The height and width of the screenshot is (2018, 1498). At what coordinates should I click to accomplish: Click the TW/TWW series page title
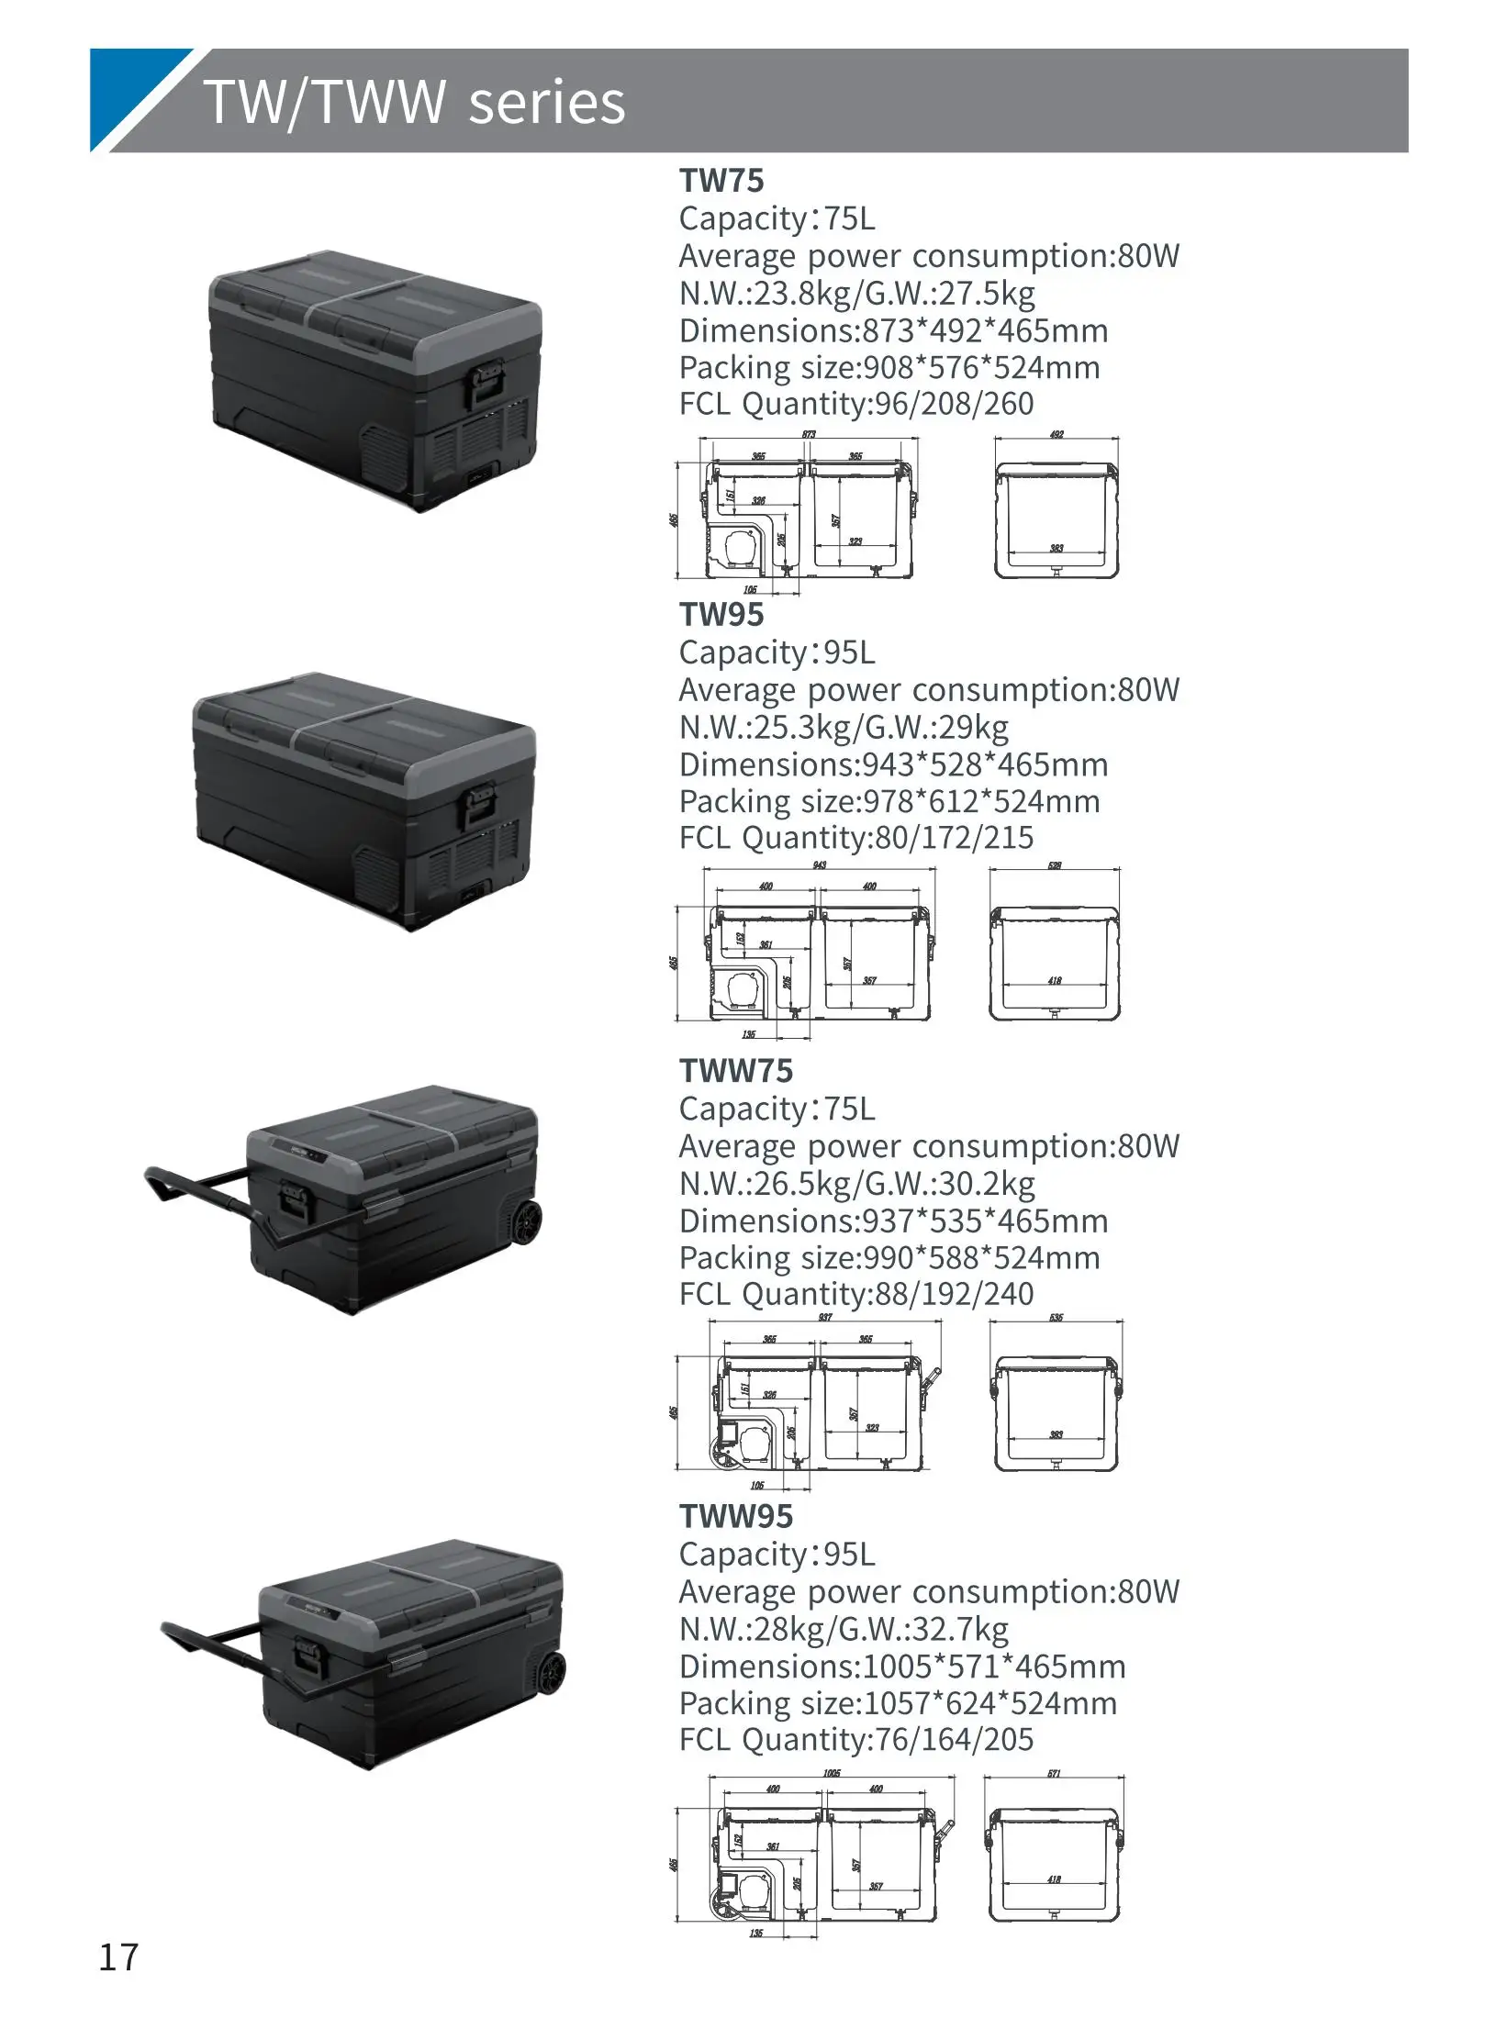click(x=414, y=101)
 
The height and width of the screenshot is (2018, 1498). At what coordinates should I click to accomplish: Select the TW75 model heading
click(x=721, y=180)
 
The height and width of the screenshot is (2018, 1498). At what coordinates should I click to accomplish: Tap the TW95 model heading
click(x=721, y=614)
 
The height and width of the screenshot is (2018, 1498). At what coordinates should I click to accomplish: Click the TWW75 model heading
click(x=735, y=1070)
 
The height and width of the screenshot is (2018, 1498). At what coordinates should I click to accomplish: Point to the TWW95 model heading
click(x=735, y=1516)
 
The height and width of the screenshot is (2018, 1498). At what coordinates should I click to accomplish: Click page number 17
click(x=118, y=1957)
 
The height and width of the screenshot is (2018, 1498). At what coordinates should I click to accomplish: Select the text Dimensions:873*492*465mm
click(x=893, y=330)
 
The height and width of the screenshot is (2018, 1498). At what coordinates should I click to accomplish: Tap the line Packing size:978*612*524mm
click(x=889, y=801)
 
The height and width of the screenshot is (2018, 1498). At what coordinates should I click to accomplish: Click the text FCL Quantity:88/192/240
click(x=855, y=1294)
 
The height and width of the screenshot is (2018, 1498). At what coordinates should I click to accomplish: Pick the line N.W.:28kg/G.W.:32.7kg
click(x=844, y=1629)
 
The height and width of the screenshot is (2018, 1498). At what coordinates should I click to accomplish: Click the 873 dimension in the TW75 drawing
click(x=808, y=435)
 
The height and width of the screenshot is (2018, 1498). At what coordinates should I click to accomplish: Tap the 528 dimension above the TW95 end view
click(x=1055, y=865)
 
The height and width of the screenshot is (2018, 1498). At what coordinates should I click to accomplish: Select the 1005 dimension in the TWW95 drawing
click(x=831, y=1773)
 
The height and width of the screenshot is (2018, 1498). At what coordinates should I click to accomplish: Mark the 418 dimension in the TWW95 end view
click(x=1054, y=1879)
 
